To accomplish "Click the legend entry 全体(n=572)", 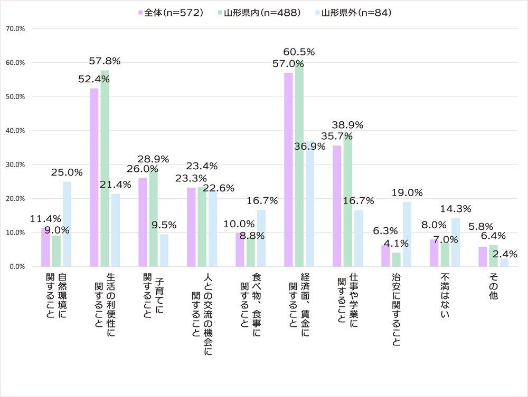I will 171,13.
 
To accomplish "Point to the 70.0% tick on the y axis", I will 15,29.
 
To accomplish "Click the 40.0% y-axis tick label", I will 15,131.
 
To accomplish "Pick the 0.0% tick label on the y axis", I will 17,267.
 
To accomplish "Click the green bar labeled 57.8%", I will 105,168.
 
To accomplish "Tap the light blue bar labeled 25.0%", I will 67,224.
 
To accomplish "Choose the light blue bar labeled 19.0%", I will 407,234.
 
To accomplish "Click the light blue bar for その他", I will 504,262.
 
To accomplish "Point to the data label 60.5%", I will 299,52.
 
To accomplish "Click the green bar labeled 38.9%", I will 348,200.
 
